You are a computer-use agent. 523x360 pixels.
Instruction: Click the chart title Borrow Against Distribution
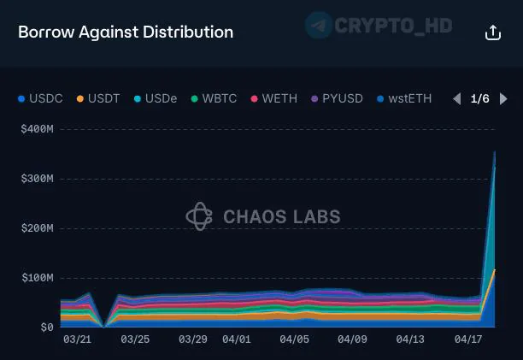[x=126, y=32]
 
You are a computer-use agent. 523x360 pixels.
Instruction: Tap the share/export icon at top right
[x=493, y=32]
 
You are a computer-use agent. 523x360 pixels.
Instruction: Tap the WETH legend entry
[x=273, y=98]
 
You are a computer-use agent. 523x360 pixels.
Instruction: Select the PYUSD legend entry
[x=335, y=98]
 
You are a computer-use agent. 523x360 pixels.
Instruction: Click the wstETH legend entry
[x=404, y=98]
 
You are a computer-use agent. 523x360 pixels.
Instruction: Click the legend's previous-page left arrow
[x=456, y=98]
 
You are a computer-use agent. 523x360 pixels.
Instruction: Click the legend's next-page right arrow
[x=504, y=98]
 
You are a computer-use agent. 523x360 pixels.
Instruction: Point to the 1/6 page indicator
[x=480, y=98]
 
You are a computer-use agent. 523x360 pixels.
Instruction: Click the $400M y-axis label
[x=38, y=129]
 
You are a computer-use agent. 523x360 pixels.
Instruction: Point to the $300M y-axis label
[x=38, y=179]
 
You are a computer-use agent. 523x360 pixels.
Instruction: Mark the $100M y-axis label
[x=38, y=278]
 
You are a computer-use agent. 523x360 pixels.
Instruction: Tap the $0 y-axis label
[x=46, y=328]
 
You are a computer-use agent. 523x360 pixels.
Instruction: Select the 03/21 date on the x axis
[x=77, y=339]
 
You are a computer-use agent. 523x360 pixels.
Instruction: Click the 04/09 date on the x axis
[x=352, y=339]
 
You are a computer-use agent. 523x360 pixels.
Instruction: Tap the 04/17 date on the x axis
[x=468, y=339]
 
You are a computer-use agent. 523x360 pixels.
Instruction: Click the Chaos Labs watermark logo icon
[x=199, y=216]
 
